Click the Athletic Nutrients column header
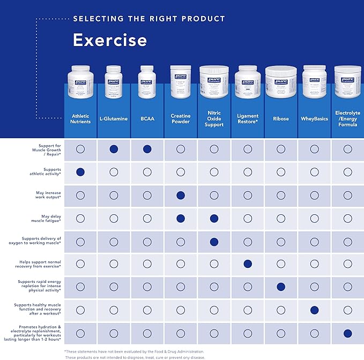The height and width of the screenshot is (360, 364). click(x=80, y=118)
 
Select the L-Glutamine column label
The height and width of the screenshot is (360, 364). click(x=114, y=119)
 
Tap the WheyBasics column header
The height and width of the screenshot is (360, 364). click(x=314, y=119)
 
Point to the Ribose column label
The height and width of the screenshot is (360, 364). click(x=280, y=119)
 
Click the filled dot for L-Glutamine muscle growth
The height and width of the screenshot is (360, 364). click(x=114, y=149)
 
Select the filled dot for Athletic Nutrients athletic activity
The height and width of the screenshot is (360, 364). click(x=80, y=172)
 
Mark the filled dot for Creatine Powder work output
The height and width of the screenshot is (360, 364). click(x=181, y=195)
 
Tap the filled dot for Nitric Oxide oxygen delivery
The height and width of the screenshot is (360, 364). click(x=214, y=241)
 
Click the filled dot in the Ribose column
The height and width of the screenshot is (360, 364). click(x=280, y=287)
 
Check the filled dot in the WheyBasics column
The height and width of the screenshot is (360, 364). click(x=314, y=310)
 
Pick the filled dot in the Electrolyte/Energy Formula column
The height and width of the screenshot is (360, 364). click(x=347, y=333)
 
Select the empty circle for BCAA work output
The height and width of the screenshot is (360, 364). click(x=147, y=195)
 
